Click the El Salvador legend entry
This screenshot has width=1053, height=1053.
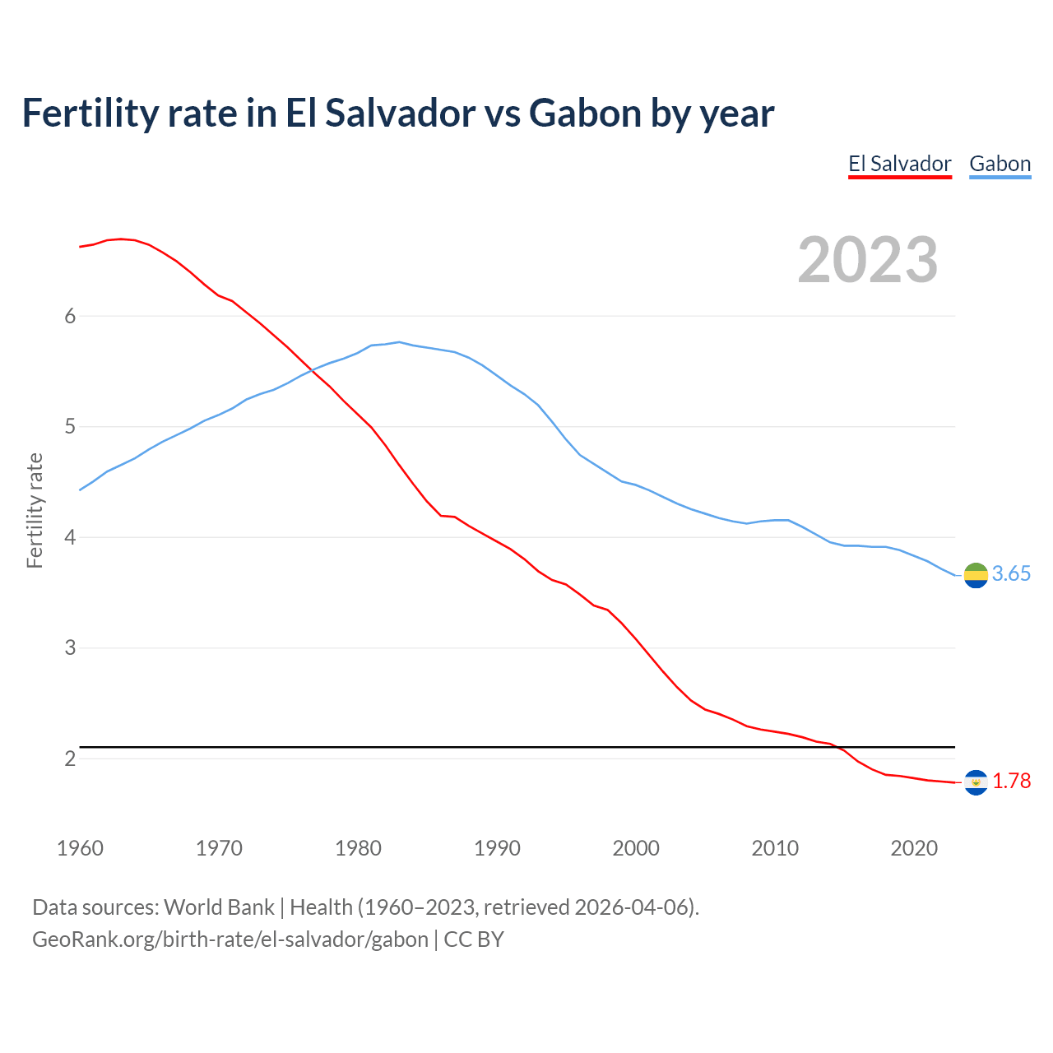[899, 164]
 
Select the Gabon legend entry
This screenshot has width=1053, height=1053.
[1000, 164]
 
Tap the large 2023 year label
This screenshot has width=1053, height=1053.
[868, 260]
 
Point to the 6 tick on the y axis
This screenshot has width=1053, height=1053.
[70, 316]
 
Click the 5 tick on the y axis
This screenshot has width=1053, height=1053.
[70, 427]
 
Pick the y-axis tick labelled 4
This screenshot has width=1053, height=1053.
[70, 537]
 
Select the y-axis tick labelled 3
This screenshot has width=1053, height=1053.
[70, 647]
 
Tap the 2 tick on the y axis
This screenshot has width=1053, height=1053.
[70, 758]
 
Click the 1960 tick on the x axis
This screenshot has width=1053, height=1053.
[80, 848]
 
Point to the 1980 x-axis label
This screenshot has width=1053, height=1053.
[358, 848]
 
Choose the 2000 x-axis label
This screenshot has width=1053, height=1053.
[636, 848]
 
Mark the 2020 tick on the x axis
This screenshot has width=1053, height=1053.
[914, 848]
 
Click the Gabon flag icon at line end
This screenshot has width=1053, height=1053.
[976, 575]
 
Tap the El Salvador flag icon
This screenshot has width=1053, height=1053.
[976, 782]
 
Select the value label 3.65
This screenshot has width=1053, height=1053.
[1011, 574]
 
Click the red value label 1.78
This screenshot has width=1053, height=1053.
[1011, 782]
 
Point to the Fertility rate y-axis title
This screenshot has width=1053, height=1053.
[35, 510]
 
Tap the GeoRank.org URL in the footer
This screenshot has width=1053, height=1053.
[230, 939]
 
